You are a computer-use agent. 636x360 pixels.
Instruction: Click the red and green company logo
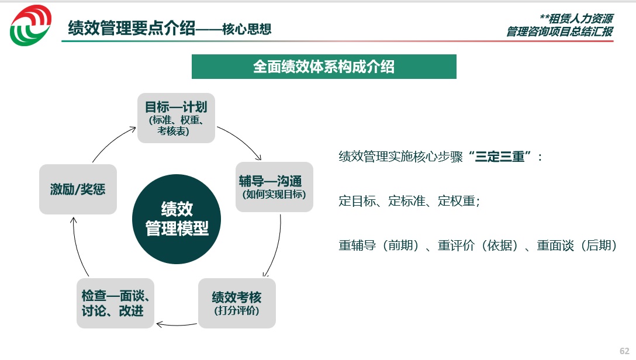point(31,25)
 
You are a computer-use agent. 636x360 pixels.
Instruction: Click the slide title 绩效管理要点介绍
point(132,29)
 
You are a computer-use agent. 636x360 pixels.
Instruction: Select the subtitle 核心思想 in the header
point(247,29)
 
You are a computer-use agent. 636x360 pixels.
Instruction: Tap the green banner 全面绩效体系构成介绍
point(324,67)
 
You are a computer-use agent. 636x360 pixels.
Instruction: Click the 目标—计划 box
point(176,118)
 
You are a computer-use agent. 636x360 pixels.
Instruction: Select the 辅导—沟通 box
point(274,187)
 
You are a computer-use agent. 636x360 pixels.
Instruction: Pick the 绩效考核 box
point(237,303)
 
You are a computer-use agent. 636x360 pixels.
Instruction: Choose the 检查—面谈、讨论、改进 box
point(115,303)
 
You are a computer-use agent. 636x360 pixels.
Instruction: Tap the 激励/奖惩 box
point(78,189)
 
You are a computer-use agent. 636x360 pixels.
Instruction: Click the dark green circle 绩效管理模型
point(177,219)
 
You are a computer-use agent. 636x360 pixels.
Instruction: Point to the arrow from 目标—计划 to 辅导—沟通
point(242,139)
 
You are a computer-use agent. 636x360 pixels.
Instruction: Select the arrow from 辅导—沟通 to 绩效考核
point(276,247)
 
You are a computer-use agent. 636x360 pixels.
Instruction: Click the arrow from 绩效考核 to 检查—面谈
point(177,325)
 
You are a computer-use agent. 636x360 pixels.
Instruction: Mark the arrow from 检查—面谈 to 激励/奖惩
point(77,247)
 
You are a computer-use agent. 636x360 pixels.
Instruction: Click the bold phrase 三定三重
point(500,157)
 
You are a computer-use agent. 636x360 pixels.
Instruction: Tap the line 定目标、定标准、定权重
point(409,201)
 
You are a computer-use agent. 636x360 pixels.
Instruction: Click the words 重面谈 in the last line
point(555,245)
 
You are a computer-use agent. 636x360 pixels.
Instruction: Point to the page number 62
point(625,351)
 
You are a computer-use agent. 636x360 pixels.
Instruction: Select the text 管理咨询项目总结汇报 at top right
point(560,31)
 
